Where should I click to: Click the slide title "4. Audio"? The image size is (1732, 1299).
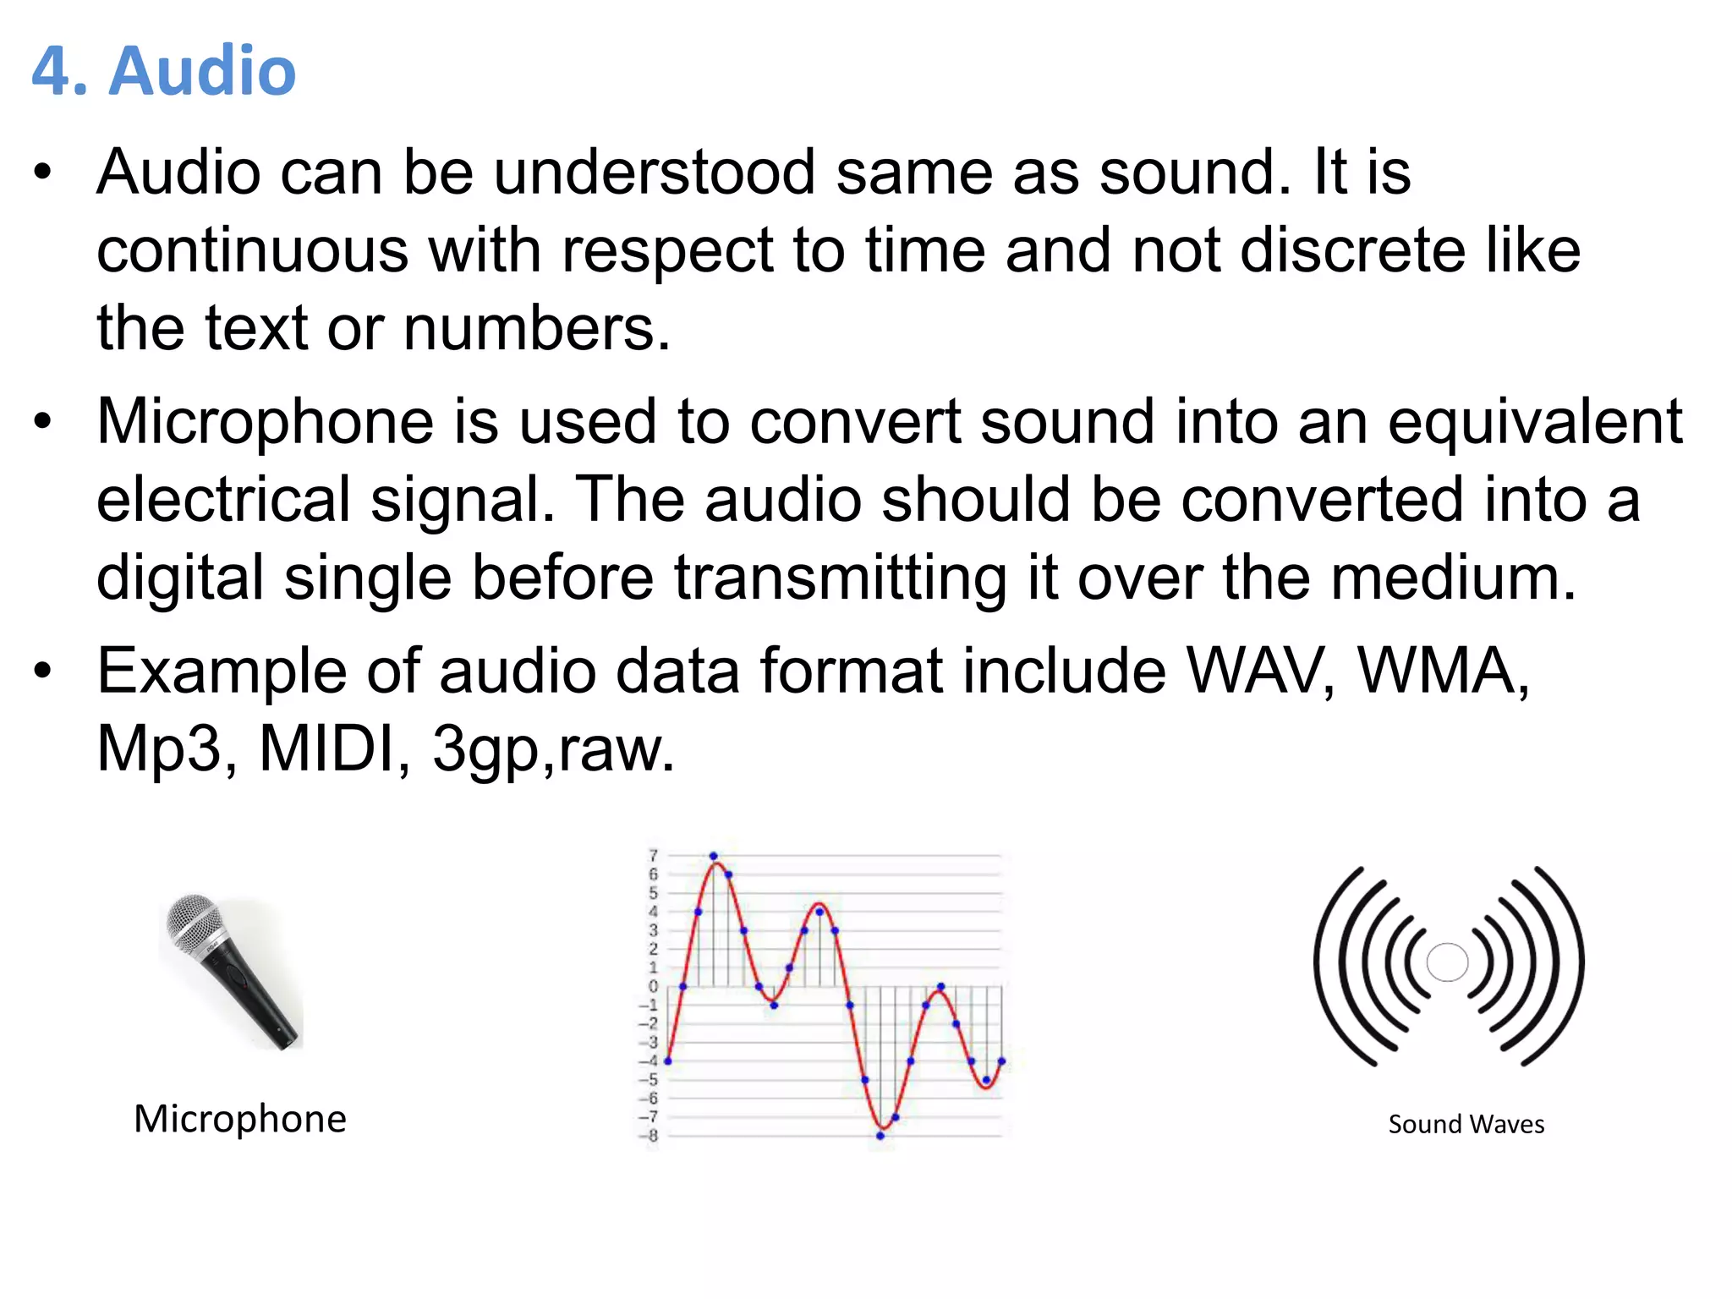click(164, 71)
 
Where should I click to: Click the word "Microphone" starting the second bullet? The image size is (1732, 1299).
click(265, 421)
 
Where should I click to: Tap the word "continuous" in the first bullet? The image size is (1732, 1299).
click(253, 251)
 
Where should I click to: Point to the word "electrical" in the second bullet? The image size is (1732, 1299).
click(223, 500)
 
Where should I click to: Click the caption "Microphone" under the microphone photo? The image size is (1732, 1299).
click(240, 1119)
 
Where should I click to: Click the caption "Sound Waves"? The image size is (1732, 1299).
click(1466, 1125)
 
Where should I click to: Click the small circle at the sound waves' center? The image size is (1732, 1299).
click(1447, 962)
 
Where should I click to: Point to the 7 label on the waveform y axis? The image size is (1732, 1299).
click(653, 856)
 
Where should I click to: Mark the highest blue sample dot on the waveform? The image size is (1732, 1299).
click(713, 856)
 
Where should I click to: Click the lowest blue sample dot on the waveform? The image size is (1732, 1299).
click(880, 1136)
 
